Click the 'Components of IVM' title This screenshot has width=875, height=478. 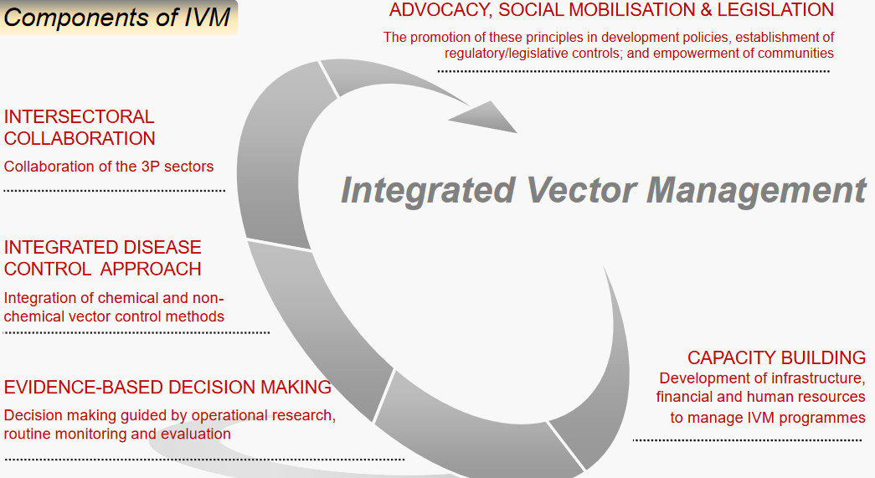pos(117,17)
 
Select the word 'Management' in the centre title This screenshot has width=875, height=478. pos(756,190)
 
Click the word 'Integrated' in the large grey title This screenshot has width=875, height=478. pos(427,190)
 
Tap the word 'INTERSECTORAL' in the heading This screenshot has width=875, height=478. pos(79,116)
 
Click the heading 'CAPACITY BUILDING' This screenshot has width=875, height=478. pos(776,357)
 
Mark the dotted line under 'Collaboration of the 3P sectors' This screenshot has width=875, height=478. pos(114,191)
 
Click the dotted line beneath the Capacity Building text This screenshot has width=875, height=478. pos(747,439)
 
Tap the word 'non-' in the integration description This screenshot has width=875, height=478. pos(209,297)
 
